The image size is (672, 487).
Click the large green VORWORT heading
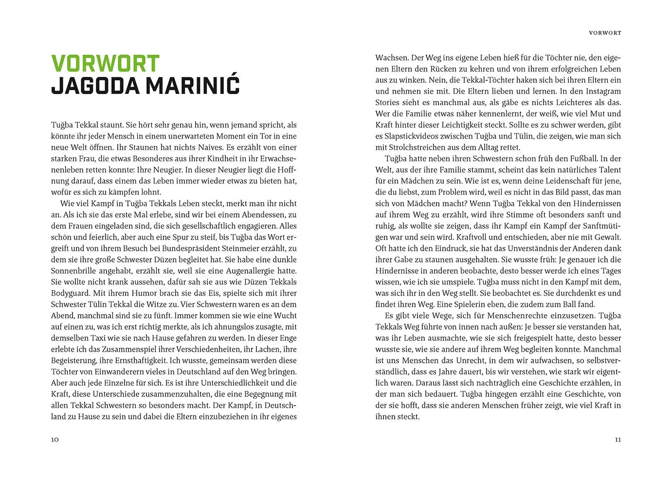tap(105, 64)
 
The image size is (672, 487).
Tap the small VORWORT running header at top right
tap(605, 33)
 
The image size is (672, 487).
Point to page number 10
tap(55, 440)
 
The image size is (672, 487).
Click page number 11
tap(618, 440)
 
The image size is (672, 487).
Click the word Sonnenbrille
tap(73, 271)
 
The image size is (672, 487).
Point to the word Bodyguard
tap(71, 293)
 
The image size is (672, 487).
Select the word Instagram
tap(603, 91)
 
